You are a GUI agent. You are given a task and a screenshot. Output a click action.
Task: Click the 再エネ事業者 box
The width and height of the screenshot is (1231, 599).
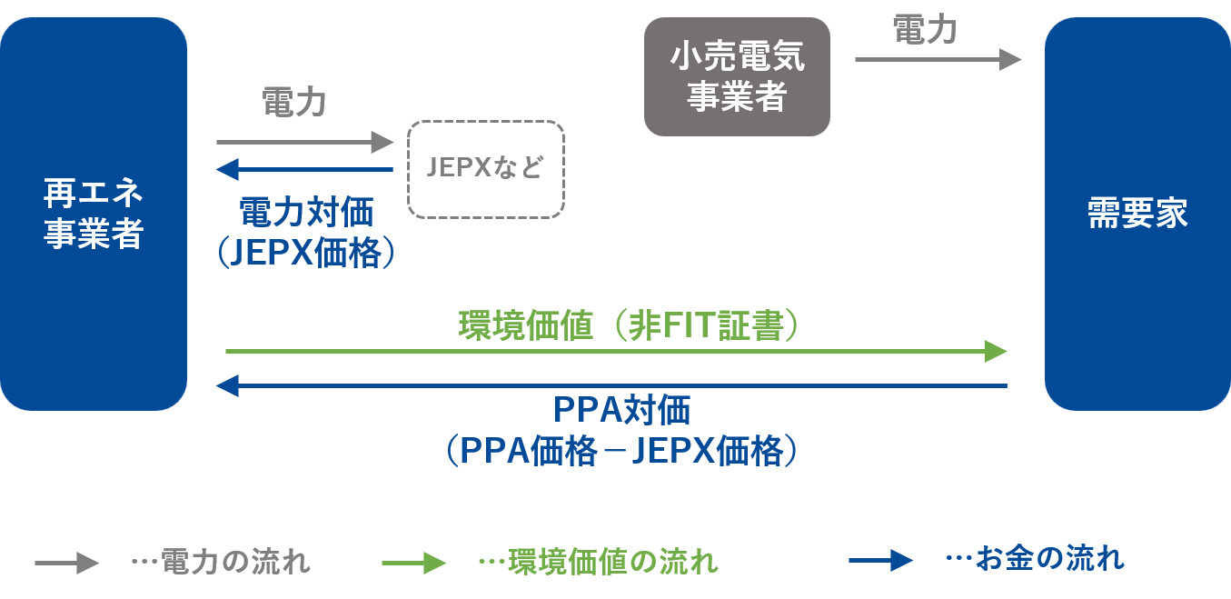tap(94, 214)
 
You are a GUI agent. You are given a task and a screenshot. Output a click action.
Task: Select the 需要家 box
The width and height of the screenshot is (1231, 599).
tap(1137, 214)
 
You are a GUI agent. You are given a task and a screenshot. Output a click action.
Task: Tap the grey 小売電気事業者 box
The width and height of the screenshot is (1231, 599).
tap(737, 77)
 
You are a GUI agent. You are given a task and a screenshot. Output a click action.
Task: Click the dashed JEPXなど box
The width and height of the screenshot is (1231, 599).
tap(486, 169)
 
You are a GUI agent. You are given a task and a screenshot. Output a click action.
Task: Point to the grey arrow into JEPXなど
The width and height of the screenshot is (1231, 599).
tap(304, 142)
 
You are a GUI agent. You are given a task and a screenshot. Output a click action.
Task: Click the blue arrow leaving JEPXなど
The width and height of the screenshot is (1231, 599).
tap(304, 169)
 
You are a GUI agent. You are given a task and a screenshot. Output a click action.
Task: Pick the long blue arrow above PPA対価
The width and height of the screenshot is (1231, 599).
tap(611, 386)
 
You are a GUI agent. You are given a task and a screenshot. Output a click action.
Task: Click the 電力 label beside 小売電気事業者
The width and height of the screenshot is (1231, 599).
tap(925, 29)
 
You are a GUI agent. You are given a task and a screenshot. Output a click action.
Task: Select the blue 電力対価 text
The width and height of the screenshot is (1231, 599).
tap(306, 214)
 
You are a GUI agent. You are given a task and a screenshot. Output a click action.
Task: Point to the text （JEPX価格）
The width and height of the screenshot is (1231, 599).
tap(306, 254)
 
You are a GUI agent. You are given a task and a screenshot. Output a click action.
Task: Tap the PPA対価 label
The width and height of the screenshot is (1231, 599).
tap(622, 412)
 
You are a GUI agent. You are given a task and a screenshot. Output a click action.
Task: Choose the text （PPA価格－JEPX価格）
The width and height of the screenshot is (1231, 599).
tap(622, 451)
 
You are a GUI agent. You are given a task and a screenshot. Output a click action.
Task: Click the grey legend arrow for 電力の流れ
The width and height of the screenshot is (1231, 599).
tap(66, 563)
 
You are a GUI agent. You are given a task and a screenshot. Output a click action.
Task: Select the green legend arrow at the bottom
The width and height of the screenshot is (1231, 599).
tap(413, 563)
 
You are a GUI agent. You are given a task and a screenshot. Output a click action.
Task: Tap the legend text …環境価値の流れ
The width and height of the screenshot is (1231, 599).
tap(598, 562)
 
